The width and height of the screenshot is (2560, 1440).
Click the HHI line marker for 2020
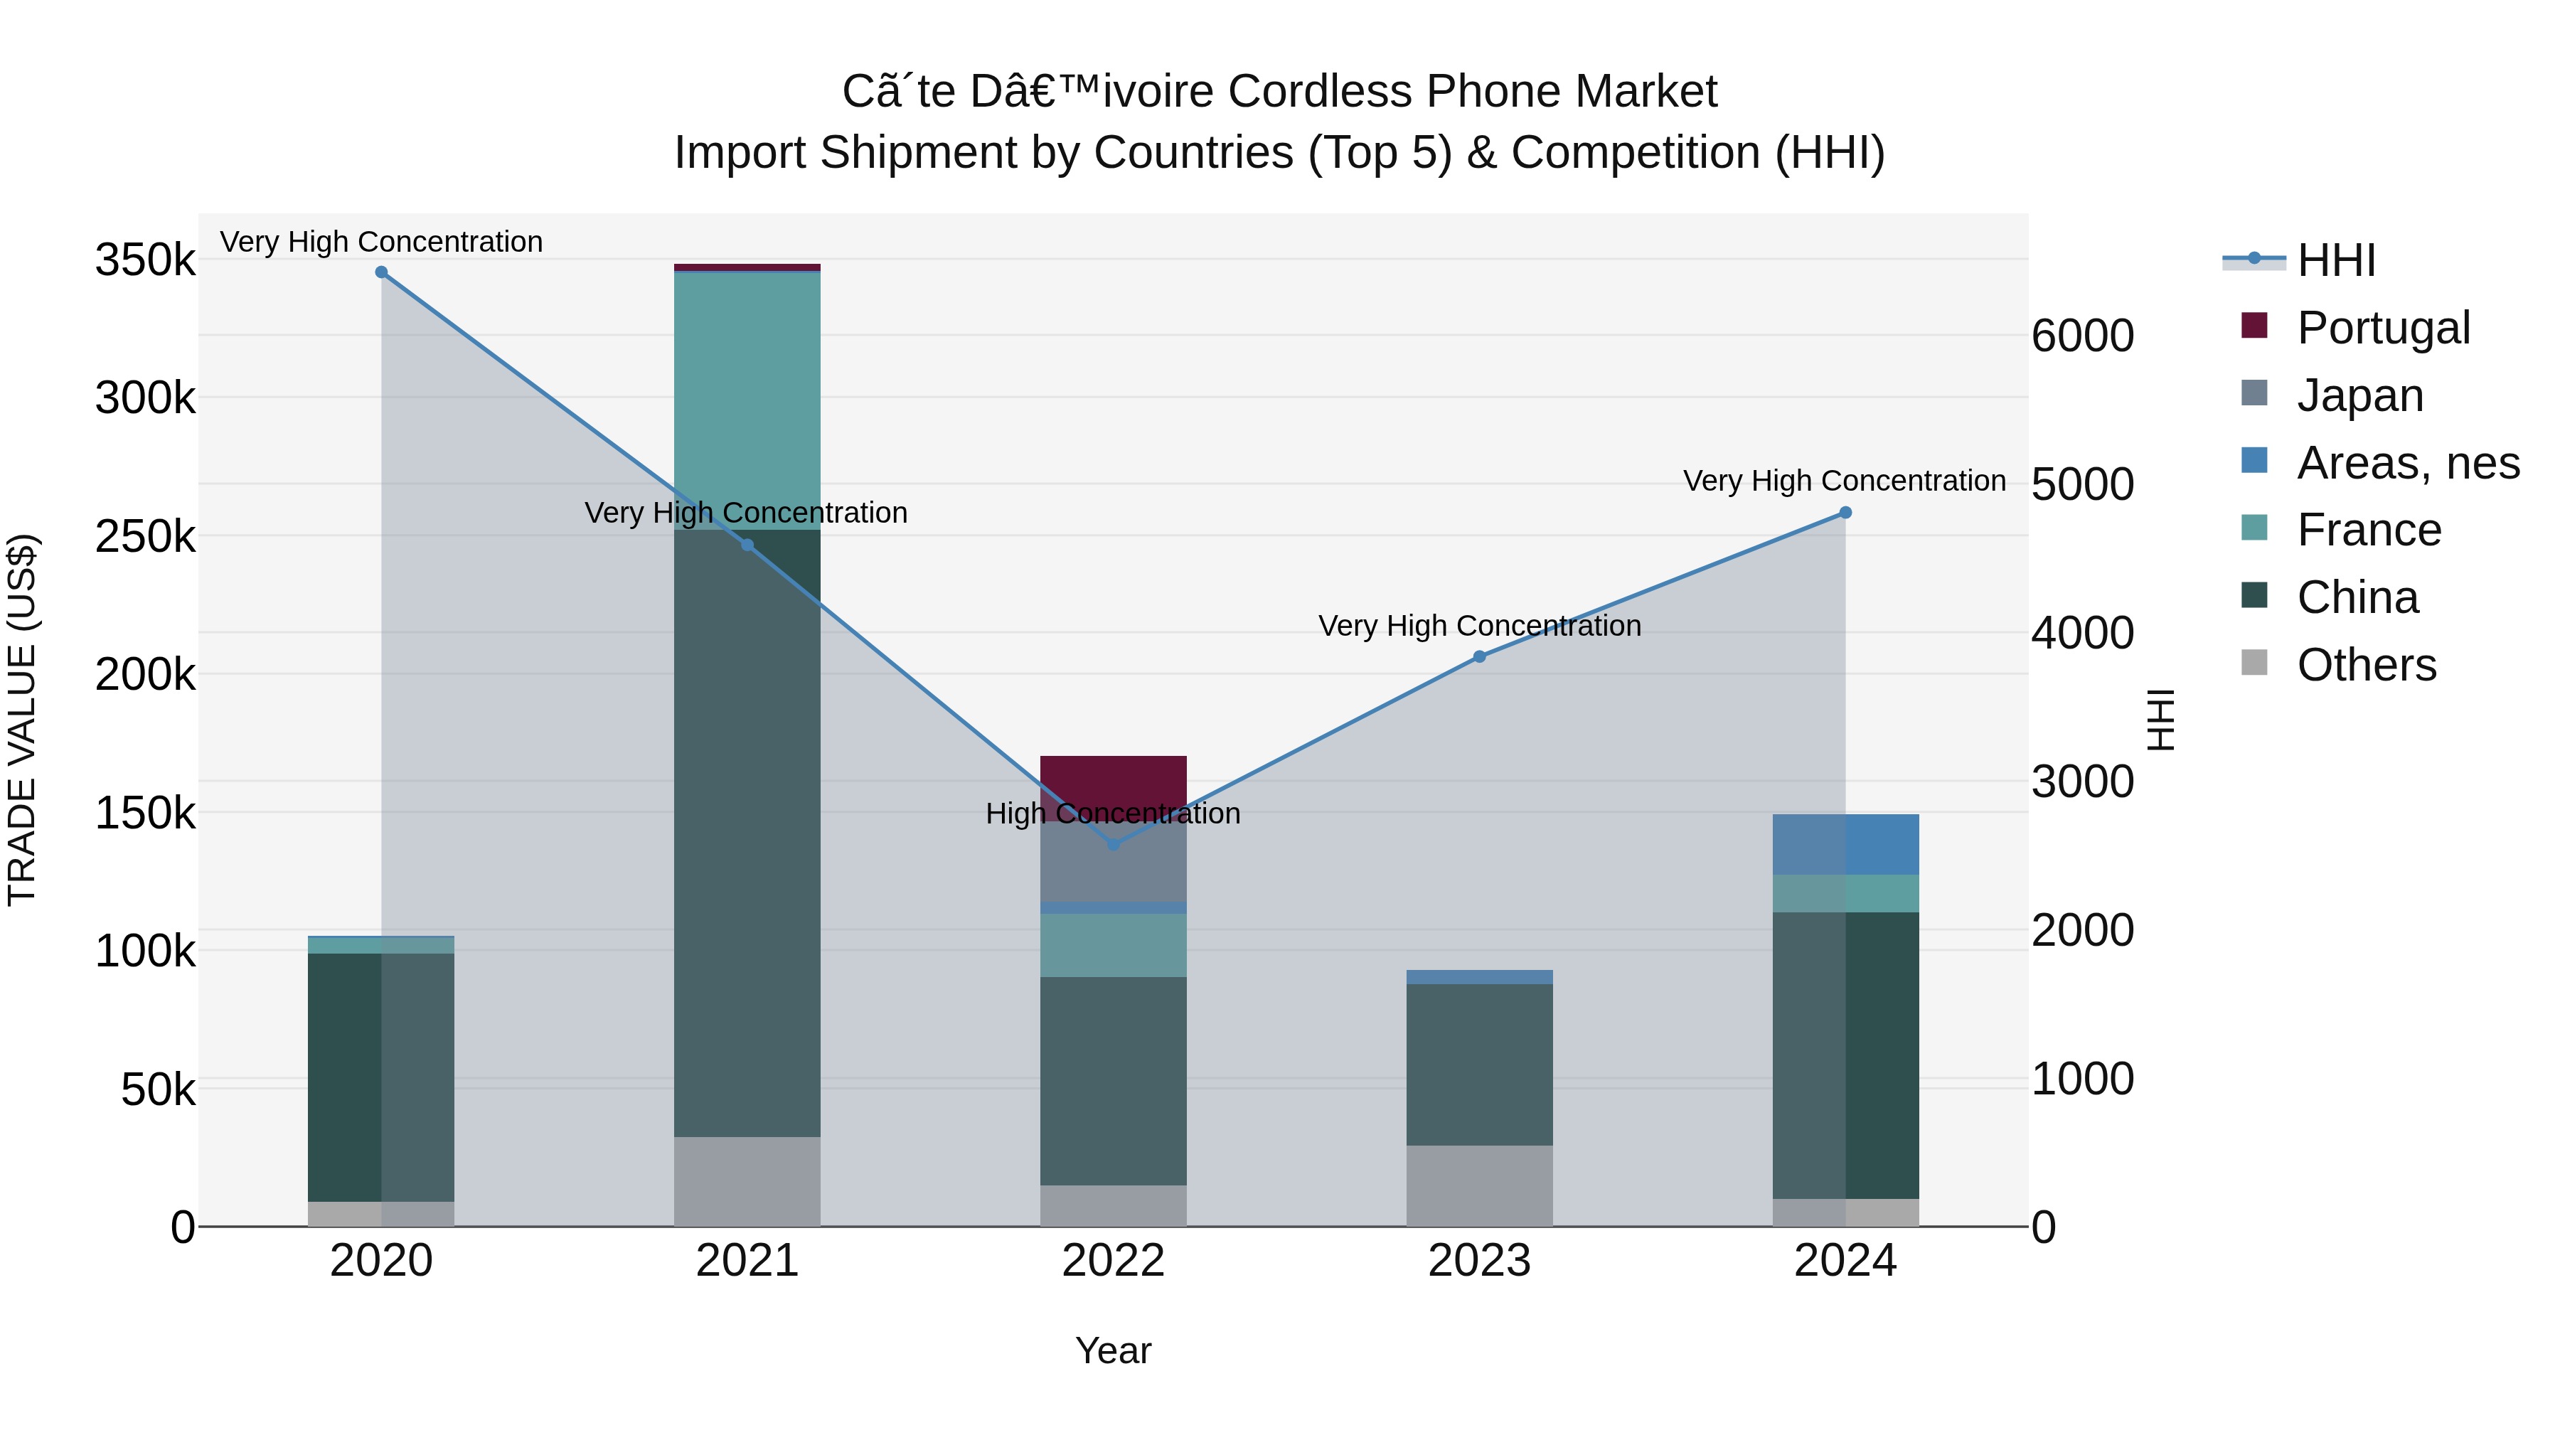(382, 272)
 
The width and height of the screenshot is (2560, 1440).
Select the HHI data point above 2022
(1113, 845)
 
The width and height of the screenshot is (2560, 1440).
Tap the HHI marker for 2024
(1845, 513)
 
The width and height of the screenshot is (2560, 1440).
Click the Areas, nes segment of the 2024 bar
(1845, 845)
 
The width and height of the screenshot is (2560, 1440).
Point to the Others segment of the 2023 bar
(1479, 1185)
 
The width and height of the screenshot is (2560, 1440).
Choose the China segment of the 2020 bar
(382, 1077)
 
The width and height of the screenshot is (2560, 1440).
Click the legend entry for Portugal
(2383, 328)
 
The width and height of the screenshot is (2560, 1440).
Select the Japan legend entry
(2359, 395)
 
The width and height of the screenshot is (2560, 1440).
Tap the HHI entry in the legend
(2335, 260)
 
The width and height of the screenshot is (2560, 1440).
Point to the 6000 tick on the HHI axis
(2082, 336)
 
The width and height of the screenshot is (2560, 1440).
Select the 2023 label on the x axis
(1479, 1261)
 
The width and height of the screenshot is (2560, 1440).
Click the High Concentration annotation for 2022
(1113, 814)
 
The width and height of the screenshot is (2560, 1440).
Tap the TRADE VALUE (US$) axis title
(22, 720)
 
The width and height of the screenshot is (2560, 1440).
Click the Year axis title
(1113, 1350)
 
